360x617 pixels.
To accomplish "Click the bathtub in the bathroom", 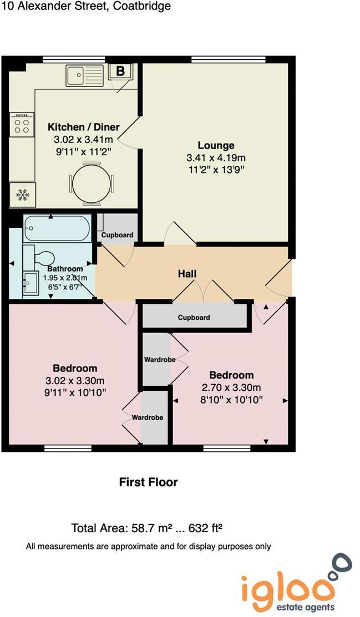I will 57,228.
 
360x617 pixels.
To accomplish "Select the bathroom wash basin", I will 30,283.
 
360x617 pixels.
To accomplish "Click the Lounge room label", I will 216,146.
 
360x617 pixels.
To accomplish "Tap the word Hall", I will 187,274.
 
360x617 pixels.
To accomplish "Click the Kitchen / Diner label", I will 83,127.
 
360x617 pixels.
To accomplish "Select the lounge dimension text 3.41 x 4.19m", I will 216,158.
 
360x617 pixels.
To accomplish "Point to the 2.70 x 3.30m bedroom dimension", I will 231,387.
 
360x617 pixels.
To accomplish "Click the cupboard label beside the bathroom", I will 117,235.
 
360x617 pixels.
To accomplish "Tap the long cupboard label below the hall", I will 194,318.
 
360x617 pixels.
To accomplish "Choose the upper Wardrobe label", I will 160,360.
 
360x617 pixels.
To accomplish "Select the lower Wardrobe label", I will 147,417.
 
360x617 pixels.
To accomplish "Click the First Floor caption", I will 148,482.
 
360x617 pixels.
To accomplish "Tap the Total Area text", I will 150,527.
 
